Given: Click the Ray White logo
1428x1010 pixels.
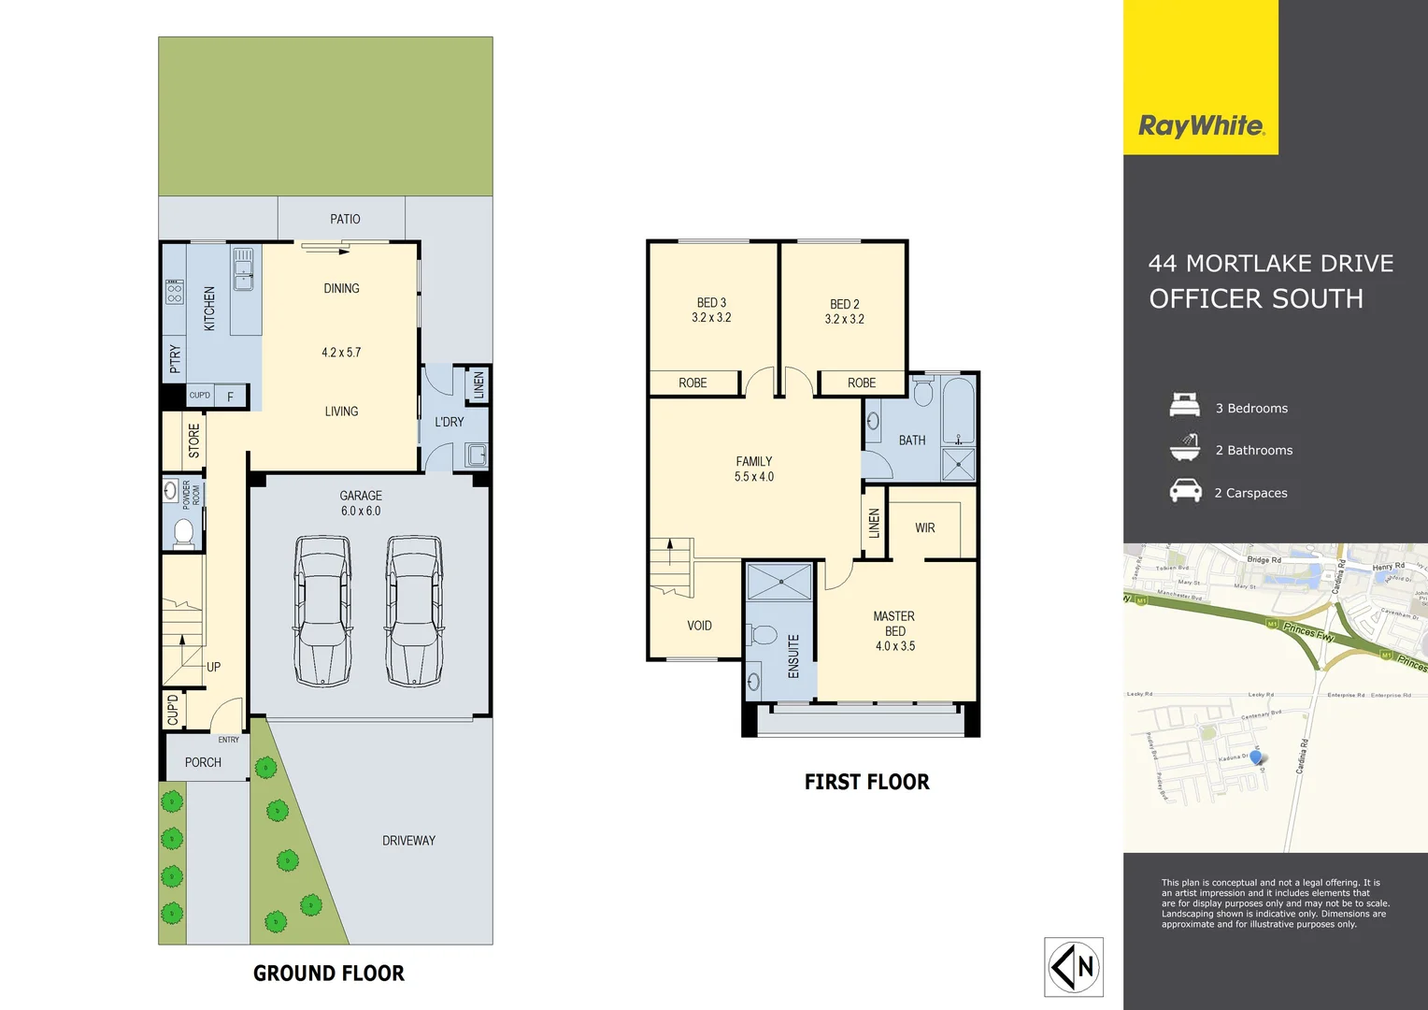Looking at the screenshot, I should click(x=1201, y=125).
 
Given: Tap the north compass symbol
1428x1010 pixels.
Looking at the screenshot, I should click(x=1073, y=967).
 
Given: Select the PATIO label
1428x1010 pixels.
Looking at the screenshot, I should click(x=345, y=219).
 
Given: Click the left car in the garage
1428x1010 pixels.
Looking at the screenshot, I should click(x=322, y=612).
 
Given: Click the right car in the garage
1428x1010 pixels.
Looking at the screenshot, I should click(x=414, y=612).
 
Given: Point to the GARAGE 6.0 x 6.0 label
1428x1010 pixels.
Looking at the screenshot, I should click(x=361, y=503).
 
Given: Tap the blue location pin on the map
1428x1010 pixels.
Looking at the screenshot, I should click(x=1256, y=757).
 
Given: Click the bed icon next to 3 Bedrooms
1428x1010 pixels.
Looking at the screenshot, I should click(x=1185, y=406).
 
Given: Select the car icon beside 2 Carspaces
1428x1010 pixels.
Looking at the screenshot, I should click(x=1185, y=491).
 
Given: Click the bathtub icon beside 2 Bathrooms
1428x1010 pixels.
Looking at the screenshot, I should click(x=1185, y=448).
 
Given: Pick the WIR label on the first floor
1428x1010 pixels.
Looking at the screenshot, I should click(x=925, y=528).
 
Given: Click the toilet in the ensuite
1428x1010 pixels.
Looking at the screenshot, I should click(x=764, y=636).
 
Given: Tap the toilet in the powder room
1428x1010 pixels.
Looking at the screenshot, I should click(x=183, y=532).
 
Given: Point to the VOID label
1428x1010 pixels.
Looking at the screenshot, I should click(x=699, y=626).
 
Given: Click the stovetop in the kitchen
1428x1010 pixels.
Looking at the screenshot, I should click(x=175, y=293).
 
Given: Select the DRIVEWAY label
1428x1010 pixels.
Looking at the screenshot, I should click(x=408, y=841).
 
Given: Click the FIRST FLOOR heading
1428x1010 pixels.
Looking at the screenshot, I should click(x=866, y=783).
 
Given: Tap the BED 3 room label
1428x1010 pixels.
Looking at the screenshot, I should click(x=711, y=310).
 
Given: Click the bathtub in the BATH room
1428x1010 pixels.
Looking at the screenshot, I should click(x=958, y=411).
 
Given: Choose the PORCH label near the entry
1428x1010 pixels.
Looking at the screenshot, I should click(x=203, y=762).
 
